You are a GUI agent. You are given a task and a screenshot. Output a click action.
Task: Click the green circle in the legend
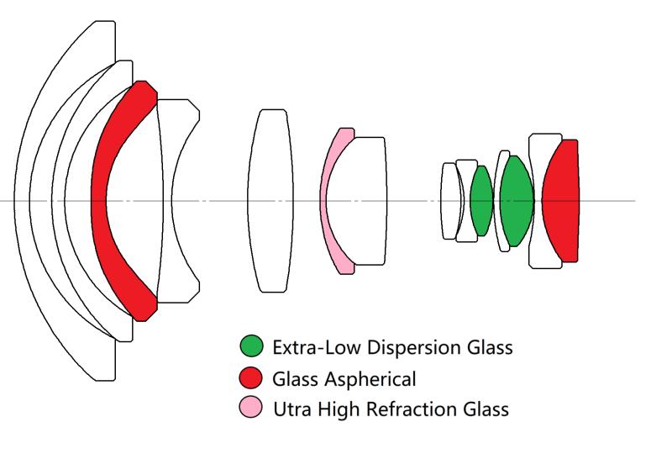252,346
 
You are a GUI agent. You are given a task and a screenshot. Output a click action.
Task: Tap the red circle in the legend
252,378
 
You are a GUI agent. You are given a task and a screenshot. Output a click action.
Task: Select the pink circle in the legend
252,409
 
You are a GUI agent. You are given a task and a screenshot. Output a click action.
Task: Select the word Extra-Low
311,346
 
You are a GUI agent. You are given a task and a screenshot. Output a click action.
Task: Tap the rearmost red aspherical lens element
560,202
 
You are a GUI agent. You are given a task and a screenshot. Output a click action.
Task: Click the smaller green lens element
481,202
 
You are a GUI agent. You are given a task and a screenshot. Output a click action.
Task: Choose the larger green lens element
516,202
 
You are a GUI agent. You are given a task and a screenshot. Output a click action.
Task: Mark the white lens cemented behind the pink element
368,202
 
